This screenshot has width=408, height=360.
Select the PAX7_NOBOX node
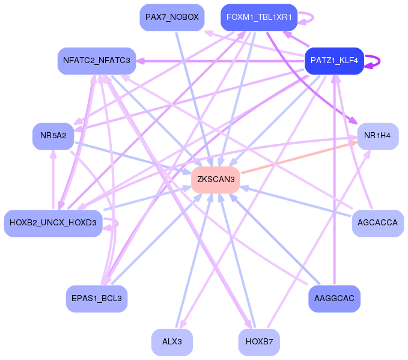(172, 17)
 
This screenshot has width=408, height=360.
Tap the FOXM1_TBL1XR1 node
(259, 17)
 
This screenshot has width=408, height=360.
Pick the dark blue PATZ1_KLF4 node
(334, 61)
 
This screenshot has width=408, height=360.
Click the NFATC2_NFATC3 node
(96, 61)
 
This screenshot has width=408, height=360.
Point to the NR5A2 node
(53, 136)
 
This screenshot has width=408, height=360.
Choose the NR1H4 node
(377, 136)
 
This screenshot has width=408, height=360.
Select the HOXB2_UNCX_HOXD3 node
(53, 223)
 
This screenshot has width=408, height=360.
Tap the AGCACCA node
(377, 223)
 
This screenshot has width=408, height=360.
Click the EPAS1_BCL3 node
(96, 299)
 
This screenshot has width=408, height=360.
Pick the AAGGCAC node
(334, 299)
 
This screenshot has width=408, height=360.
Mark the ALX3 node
(172, 342)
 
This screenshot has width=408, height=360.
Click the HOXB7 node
(259, 342)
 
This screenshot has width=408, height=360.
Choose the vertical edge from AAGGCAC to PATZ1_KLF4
(334, 180)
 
